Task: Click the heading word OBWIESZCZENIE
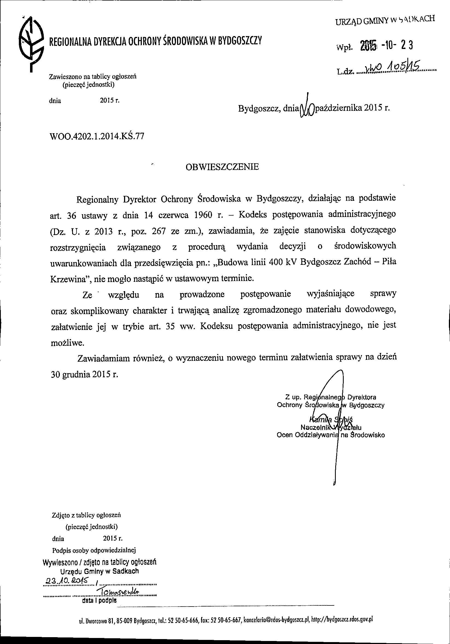pyautogui.click(x=222, y=167)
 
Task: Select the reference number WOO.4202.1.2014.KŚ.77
pyautogui.click(x=97, y=137)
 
